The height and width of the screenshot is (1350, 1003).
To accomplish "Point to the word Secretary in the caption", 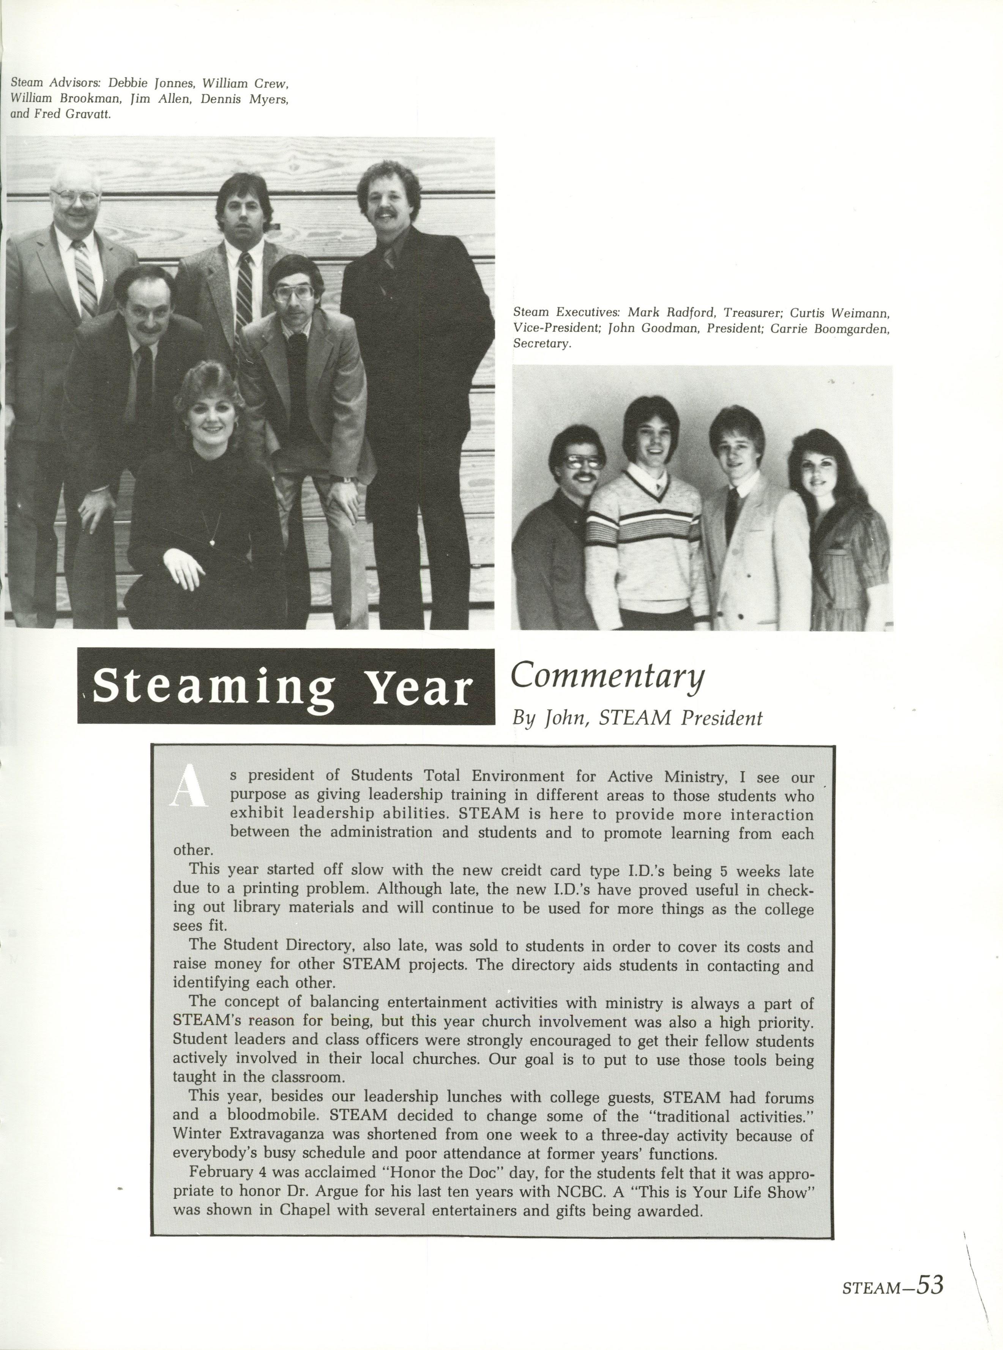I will click(x=542, y=344).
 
